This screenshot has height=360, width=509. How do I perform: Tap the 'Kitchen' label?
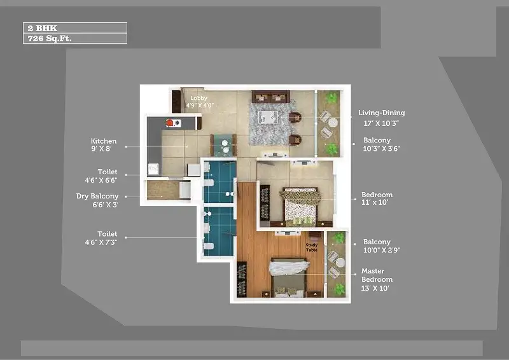point(103,141)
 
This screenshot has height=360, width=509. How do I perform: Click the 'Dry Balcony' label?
point(97,197)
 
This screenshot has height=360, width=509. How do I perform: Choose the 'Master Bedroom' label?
point(377,275)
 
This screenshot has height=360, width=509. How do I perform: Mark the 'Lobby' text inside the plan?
point(199,99)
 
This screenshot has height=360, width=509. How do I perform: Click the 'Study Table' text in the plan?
point(311,247)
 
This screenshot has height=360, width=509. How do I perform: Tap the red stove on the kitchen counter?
point(171,123)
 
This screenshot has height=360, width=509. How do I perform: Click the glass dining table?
point(223,145)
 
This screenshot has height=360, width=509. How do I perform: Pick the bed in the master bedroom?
point(289,277)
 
